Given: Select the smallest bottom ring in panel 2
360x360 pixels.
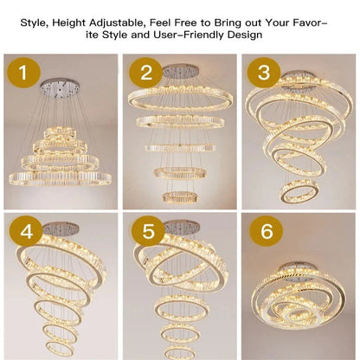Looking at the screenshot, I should [179, 197].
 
